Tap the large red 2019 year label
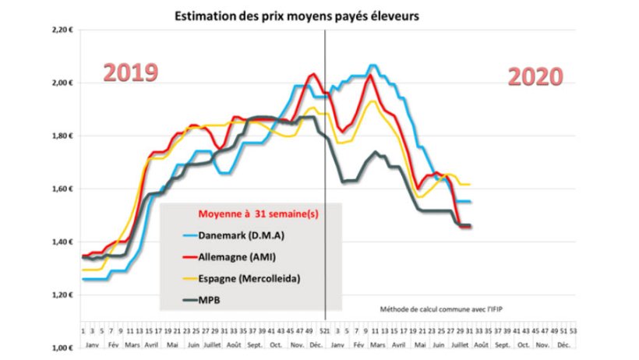tap(132, 72)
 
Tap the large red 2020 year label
tap(535, 76)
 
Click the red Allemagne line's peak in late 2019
tap(313, 74)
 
